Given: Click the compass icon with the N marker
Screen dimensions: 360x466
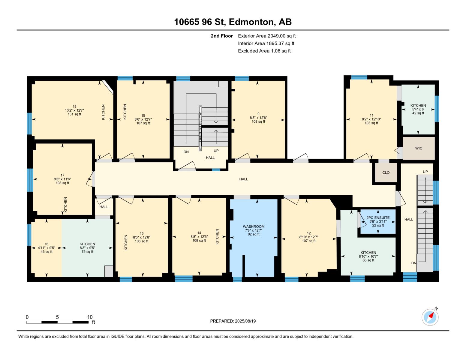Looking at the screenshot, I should point(430,317).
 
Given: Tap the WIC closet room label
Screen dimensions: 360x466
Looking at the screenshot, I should point(419,148).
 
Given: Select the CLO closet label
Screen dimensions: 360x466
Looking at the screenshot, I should point(386,172).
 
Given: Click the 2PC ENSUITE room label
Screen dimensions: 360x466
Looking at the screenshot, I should point(378,218).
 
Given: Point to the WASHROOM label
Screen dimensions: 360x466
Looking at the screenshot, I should point(254,226).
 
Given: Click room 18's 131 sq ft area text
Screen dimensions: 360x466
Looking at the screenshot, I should point(74,114).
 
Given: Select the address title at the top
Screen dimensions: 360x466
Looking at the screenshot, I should point(233,22).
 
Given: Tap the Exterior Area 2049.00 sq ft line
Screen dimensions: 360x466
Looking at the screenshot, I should point(267,36).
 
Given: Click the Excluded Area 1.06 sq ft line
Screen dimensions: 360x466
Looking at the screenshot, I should point(264,51).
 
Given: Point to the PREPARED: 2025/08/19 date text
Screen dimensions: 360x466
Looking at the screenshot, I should point(233,321).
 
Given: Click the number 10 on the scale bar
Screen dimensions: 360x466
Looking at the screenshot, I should point(90,317).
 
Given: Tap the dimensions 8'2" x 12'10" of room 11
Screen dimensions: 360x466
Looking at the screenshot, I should point(371,119).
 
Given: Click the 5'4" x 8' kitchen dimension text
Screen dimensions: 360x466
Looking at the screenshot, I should point(418,109).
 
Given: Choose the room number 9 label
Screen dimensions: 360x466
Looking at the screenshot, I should point(258,114).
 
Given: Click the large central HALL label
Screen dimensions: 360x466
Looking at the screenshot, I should point(244,179).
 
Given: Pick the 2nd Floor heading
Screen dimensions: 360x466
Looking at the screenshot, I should point(222,36).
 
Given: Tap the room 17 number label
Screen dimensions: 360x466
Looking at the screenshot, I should point(62,175).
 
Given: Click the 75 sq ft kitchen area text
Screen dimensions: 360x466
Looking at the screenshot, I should point(87,252).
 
